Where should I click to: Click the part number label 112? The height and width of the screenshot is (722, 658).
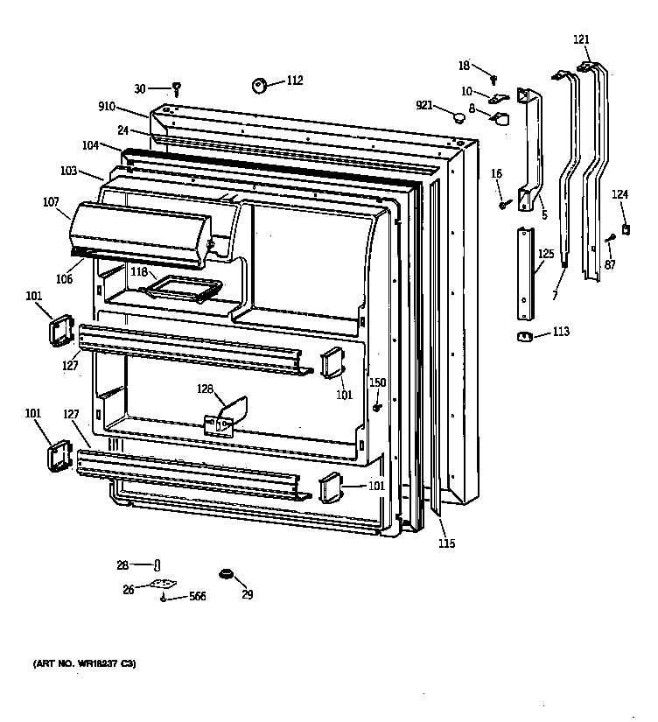[x=294, y=81]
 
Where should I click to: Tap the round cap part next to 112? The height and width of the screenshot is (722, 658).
[x=260, y=85]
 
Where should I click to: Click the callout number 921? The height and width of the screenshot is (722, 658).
[x=424, y=105]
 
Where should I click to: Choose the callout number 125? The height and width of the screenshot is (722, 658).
[x=546, y=255]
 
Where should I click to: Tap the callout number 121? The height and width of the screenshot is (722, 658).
[x=581, y=39]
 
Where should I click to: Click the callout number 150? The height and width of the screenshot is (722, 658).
[x=377, y=382]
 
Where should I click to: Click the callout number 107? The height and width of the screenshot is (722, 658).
[x=50, y=202]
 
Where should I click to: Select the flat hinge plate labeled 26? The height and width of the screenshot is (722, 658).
[x=160, y=587]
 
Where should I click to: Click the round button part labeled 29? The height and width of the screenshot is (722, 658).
[x=227, y=574]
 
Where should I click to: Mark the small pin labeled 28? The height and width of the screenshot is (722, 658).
[x=157, y=565]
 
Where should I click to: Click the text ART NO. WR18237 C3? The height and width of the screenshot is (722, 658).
[x=85, y=664]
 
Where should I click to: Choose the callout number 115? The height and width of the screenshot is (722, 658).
[x=446, y=543]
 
